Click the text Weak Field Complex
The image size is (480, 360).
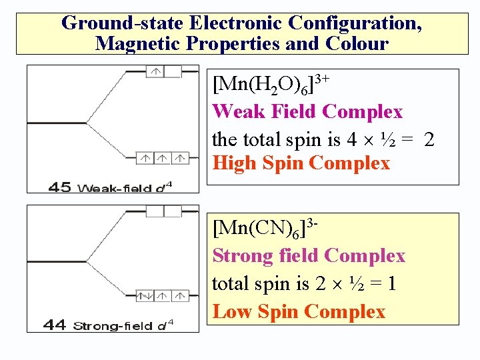click(x=307, y=111)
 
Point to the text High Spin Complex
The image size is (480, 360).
click(x=301, y=163)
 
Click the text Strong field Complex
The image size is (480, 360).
click(x=309, y=256)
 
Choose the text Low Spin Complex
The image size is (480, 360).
click(x=299, y=311)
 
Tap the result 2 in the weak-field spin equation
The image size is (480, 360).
click(x=429, y=140)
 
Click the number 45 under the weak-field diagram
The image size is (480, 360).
click(x=61, y=187)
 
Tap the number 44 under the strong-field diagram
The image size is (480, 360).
click(x=55, y=325)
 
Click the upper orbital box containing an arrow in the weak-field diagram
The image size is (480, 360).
click(x=155, y=72)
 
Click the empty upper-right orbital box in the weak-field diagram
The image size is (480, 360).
click(x=173, y=72)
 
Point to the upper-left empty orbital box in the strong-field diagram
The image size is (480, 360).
click(x=155, y=211)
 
